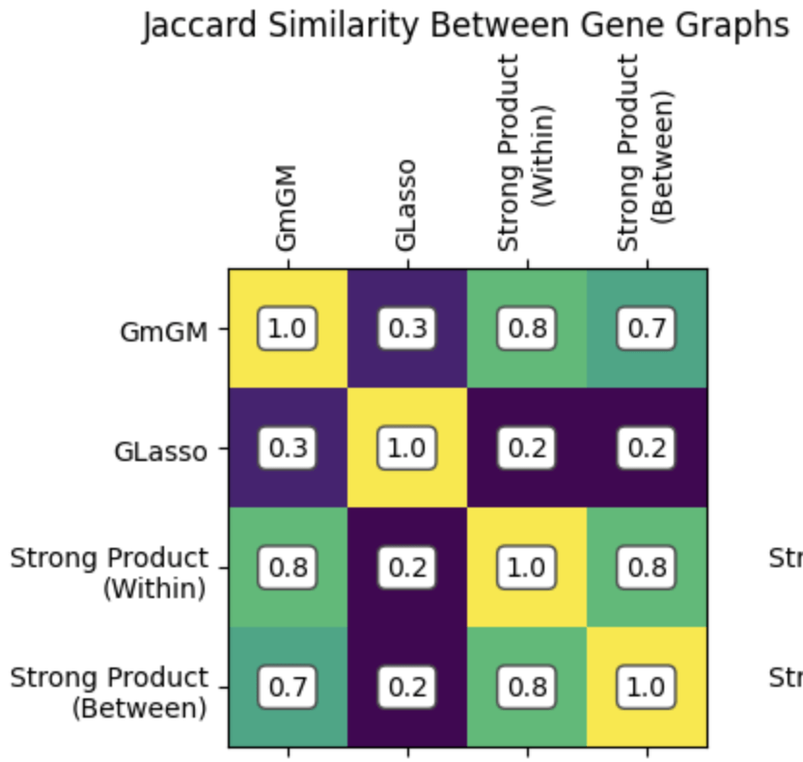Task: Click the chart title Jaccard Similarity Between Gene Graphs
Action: click(x=466, y=26)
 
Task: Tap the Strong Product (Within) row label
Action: click(x=109, y=572)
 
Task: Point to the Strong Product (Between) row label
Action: click(x=109, y=692)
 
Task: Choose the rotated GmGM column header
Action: click(x=287, y=206)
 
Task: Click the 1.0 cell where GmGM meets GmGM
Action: click(x=287, y=330)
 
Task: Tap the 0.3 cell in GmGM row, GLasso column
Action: click(x=406, y=330)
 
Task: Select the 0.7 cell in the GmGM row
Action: click(x=646, y=330)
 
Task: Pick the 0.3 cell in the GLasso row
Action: click(x=287, y=449)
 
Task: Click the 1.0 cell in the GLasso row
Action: click(x=406, y=449)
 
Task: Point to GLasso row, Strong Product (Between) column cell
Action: click(x=646, y=449)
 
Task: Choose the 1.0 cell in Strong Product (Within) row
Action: click(x=526, y=568)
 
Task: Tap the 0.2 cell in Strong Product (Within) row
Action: click(x=406, y=568)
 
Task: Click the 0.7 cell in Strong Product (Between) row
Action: click(x=287, y=688)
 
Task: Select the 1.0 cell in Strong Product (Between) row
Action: click(x=646, y=688)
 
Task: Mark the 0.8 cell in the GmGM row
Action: click(x=526, y=330)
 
